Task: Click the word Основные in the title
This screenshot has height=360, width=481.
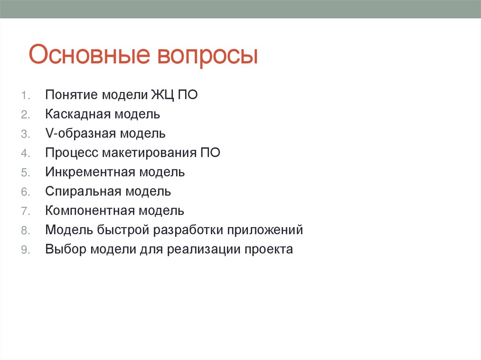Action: click(x=88, y=55)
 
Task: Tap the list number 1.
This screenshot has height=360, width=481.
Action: click(x=25, y=95)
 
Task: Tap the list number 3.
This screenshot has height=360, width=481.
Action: click(x=25, y=134)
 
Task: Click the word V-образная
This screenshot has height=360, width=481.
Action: click(x=80, y=134)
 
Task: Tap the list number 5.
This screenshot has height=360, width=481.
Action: click(x=25, y=172)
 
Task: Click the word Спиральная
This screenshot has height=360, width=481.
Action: click(x=82, y=191)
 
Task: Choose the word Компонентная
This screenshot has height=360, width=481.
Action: click(x=89, y=211)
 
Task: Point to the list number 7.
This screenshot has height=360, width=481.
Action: click(x=25, y=211)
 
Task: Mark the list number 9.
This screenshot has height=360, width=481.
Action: click(x=25, y=250)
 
